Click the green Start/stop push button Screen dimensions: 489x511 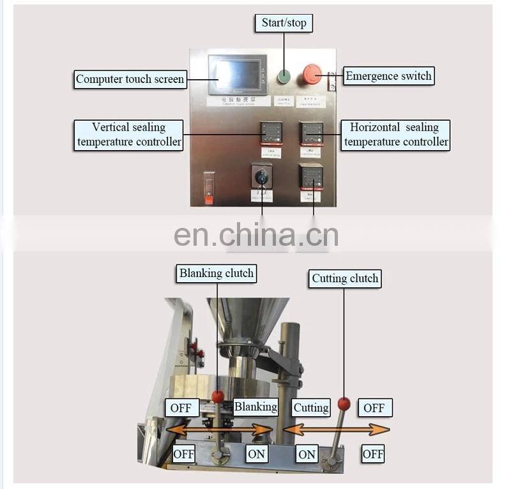pyautogui.click(x=284, y=77)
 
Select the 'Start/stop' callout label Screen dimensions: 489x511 pyautogui.click(x=284, y=23)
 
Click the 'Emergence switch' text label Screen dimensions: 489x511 pyautogui.click(x=388, y=76)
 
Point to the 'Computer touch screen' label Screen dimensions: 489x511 pyautogui.click(x=130, y=80)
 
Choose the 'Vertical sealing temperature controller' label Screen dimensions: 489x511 pyautogui.click(x=128, y=135)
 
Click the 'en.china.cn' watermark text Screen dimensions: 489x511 pyautogui.click(x=256, y=235)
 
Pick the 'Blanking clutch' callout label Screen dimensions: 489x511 pyautogui.click(x=216, y=273)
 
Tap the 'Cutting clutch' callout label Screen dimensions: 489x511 pyautogui.click(x=345, y=278)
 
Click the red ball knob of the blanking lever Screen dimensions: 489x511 pyautogui.click(x=218, y=397)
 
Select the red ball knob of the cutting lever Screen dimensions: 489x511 pyautogui.click(x=344, y=403)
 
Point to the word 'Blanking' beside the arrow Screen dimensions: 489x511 pyautogui.click(x=256, y=407)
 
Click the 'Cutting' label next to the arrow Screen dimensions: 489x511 pyautogui.click(x=310, y=407)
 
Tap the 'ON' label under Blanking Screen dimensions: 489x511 pyautogui.click(x=256, y=454)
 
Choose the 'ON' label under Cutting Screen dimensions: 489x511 pyautogui.click(x=307, y=454)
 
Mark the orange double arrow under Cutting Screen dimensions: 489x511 pyautogui.click(x=336, y=430)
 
